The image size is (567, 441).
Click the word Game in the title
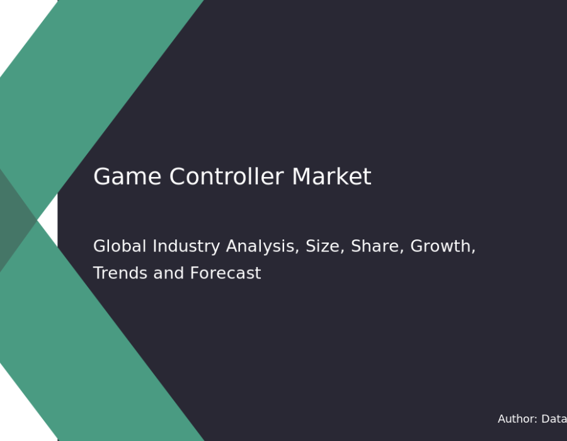(x=127, y=177)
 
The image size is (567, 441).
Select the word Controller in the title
(x=226, y=176)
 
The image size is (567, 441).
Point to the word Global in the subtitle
(x=120, y=246)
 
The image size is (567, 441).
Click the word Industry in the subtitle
(x=186, y=247)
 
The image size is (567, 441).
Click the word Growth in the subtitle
(x=440, y=246)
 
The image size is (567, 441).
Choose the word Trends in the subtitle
(x=120, y=273)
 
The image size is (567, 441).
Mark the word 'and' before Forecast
(x=168, y=273)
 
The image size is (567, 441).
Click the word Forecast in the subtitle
(x=226, y=273)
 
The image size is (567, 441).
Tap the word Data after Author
(x=554, y=419)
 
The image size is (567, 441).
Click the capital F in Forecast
(x=195, y=273)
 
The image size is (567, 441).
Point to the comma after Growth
(x=473, y=251)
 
